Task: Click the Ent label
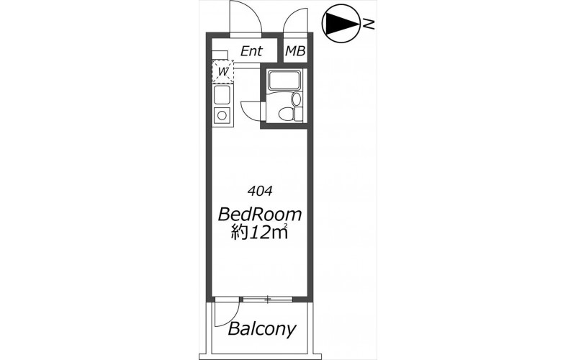click(x=251, y=51)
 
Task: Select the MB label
click(x=295, y=51)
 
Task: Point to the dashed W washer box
click(x=222, y=71)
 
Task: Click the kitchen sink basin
click(x=222, y=95)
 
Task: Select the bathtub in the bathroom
click(x=284, y=80)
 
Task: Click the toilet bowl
click(x=287, y=114)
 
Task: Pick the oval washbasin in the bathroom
click(x=296, y=99)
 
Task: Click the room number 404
click(x=260, y=191)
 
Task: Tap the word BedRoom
click(x=260, y=214)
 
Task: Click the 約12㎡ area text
click(x=259, y=232)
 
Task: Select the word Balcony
click(x=261, y=329)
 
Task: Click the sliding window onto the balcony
click(x=268, y=300)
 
